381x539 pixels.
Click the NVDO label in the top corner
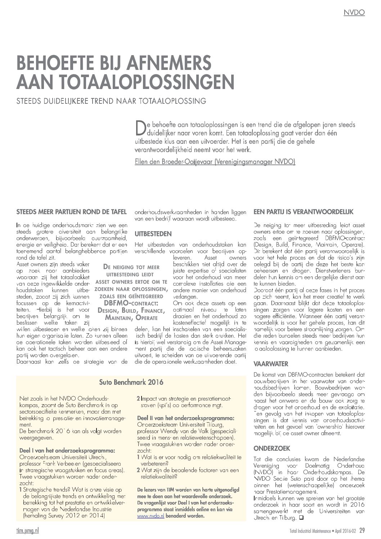(x=354, y=13)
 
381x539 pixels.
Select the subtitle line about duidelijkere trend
(x=112, y=101)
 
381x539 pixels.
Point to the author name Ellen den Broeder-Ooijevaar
(x=214, y=162)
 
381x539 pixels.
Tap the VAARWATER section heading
(x=271, y=364)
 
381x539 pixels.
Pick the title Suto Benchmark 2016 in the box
(x=131, y=382)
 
